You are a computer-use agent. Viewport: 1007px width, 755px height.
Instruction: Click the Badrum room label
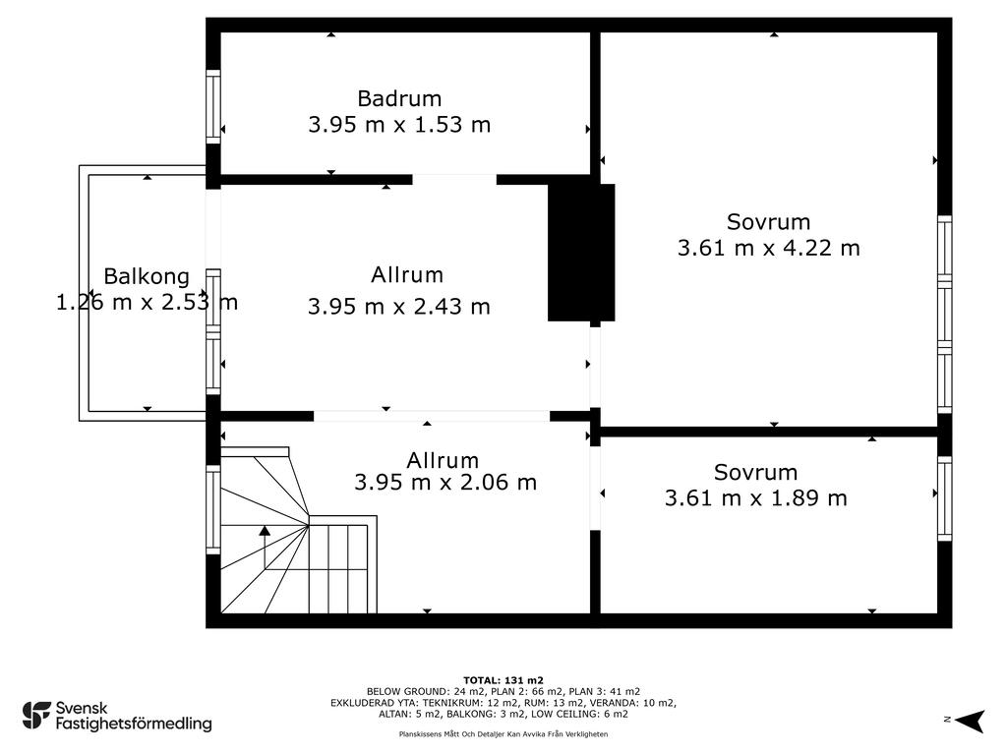tap(399, 99)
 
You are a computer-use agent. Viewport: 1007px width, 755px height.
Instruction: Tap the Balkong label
tap(147, 276)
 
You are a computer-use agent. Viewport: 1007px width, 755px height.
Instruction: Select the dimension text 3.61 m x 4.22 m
tap(769, 248)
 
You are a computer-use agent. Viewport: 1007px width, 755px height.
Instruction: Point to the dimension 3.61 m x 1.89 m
tap(756, 498)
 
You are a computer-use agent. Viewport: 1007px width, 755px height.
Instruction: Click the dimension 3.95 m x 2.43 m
tap(399, 307)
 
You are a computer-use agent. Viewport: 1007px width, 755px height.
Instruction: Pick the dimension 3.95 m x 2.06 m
tap(445, 482)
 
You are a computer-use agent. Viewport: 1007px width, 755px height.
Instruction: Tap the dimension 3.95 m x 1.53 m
tap(399, 125)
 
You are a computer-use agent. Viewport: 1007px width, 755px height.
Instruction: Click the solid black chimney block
tap(580, 253)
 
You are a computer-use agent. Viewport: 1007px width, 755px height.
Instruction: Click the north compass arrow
tap(970, 721)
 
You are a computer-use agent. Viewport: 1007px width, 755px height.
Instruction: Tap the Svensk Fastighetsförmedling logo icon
tap(36, 716)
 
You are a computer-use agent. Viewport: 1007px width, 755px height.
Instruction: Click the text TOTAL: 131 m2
tap(503, 680)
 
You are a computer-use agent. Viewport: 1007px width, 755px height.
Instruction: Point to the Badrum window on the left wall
tap(213, 106)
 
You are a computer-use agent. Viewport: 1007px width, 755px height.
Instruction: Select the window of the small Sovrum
tap(944, 498)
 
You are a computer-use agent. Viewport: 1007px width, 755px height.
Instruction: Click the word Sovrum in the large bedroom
tap(768, 222)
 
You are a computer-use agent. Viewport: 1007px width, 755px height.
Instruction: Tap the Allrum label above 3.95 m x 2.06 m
tap(443, 460)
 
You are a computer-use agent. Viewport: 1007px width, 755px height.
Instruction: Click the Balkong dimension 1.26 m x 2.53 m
tap(148, 303)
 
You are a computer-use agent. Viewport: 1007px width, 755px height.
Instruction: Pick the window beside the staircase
tap(213, 510)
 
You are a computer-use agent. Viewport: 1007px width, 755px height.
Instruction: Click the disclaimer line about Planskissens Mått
tap(503, 733)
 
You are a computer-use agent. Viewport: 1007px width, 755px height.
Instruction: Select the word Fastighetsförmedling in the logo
tap(134, 725)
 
